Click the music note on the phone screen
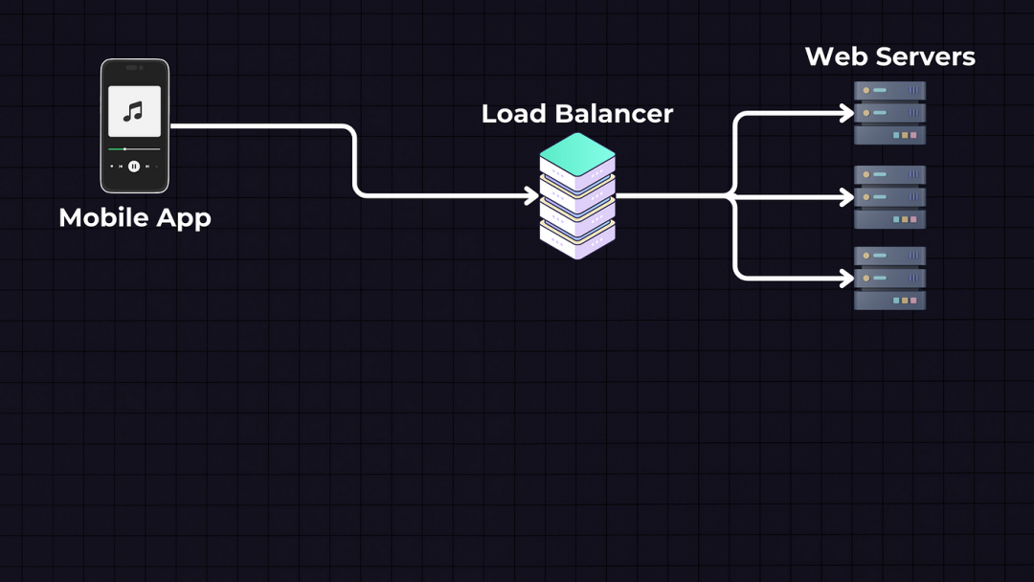point(134,112)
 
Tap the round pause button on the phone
point(134,167)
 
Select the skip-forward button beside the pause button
point(147,167)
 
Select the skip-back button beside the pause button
point(121,167)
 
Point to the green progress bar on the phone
point(117,149)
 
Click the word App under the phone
point(183,219)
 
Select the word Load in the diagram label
point(512,114)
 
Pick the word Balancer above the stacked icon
point(613,114)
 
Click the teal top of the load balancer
point(577,149)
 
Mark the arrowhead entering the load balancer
point(533,196)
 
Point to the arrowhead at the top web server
point(847,114)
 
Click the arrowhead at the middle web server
point(847,196)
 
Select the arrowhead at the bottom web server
point(847,279)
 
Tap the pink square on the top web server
point(914,135)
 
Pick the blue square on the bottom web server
point(895,301)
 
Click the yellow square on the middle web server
point(905,219)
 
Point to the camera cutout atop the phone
point(134,67)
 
